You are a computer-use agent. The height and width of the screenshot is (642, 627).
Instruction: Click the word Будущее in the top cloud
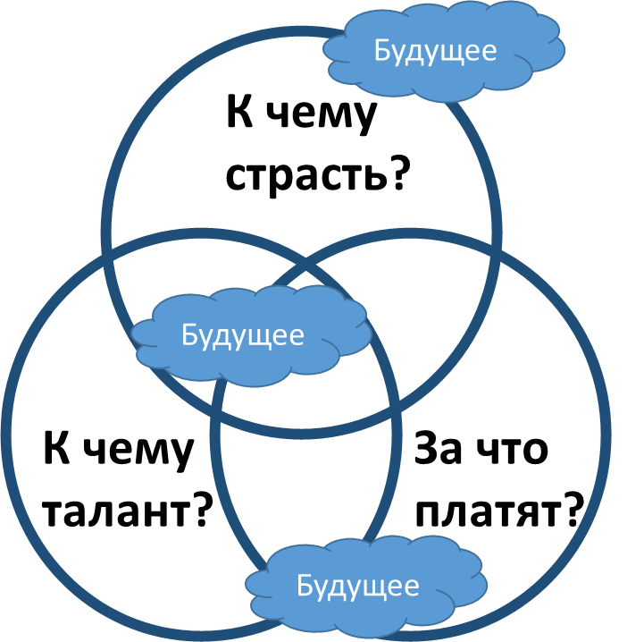(435, 50)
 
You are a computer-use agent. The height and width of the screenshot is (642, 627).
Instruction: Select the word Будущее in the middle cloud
(242, 335)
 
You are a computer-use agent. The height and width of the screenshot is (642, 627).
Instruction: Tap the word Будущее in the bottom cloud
(357, 587)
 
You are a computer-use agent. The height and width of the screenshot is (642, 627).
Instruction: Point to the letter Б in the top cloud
(381, 50)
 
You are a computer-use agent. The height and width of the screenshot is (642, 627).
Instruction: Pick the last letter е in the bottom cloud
(411, 587)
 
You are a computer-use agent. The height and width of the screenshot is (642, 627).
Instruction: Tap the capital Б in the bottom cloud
(304, 587)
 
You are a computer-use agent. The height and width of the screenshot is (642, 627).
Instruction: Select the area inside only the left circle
(98, 447)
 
